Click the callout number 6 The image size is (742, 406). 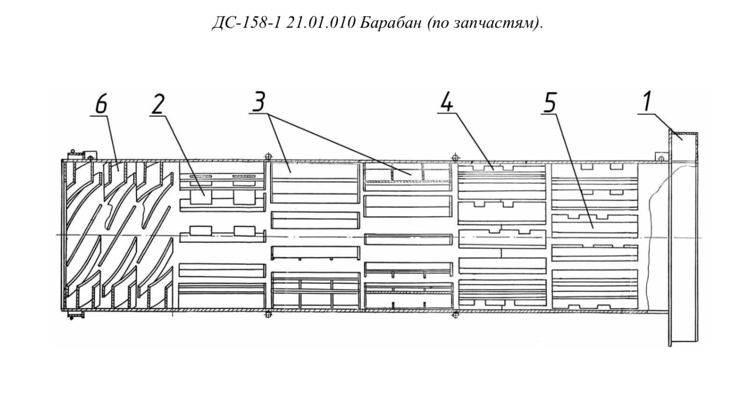101,104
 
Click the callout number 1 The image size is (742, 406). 648,101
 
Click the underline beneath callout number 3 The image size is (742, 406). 259,113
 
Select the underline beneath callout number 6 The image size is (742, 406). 99,116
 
